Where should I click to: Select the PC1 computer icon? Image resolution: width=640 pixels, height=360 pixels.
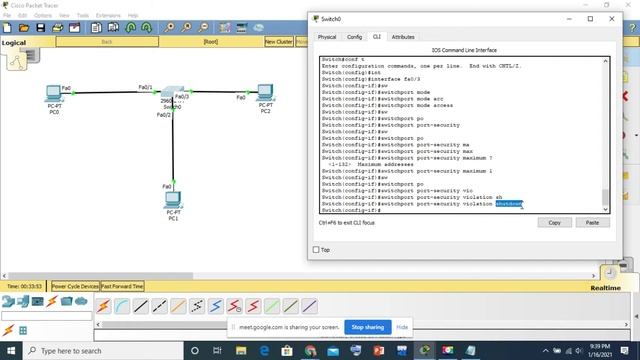coord(173,201)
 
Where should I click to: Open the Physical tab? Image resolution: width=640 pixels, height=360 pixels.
coord(327,37)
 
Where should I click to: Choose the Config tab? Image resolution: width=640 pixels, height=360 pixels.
coord(354,37)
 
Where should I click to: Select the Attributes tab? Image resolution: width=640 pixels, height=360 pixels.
coord(403,37)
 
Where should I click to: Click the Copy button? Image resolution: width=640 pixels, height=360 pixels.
coord(555,222)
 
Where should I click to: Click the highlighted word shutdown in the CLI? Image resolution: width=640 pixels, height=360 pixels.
coord(508,204)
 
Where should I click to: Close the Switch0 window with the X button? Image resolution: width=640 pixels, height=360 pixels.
coord(613,18)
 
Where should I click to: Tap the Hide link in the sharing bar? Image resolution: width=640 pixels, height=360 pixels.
coord(402,327)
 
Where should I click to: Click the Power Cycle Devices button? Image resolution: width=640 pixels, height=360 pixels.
coord(75,286)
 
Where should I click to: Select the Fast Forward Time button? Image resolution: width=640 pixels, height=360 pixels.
coord(122,286)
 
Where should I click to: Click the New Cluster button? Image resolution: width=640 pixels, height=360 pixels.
coord(279,42)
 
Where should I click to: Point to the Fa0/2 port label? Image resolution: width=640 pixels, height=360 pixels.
coord(164,116)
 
